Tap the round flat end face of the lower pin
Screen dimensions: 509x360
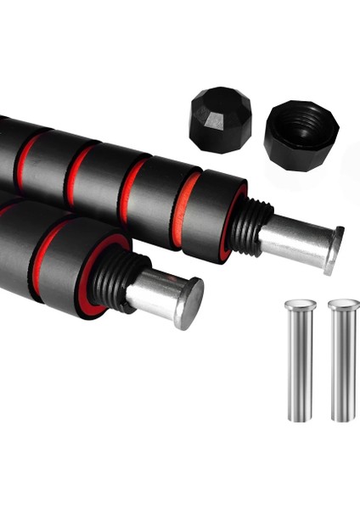[x=190, y=304]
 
